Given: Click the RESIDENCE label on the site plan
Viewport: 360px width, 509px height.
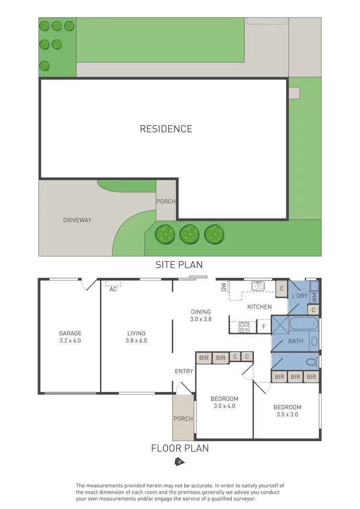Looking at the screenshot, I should (166, 129).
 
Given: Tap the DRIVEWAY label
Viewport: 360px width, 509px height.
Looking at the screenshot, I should (77, 220).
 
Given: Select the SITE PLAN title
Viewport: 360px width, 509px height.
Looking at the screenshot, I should (179, 264).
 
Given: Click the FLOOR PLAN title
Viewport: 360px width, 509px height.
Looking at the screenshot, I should (180, 449).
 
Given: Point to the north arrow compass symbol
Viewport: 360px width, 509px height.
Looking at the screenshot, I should (180, 462).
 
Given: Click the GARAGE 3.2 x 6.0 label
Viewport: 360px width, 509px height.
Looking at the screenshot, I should (70, 337).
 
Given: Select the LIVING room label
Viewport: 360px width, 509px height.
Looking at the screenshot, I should (136, 333).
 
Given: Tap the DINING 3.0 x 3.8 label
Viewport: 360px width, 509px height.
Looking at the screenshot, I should (201, 315).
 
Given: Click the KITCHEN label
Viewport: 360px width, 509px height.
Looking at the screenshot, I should (259, 307).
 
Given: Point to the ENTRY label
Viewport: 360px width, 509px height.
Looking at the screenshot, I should (184, 371).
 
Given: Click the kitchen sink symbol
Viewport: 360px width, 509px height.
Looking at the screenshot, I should (258, 286).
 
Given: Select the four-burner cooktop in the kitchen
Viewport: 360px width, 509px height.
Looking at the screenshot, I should (244, 328).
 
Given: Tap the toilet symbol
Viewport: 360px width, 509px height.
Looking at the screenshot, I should (312, 360).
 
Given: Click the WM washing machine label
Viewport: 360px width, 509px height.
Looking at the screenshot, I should (314, 297).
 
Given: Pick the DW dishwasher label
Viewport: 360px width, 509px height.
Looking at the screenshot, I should (223, 287).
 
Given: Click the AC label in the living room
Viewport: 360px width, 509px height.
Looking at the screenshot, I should (113, 289).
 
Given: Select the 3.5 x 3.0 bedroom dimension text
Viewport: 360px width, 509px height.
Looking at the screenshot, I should (287, 414).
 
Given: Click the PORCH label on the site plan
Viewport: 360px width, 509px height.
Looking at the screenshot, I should (166, 201).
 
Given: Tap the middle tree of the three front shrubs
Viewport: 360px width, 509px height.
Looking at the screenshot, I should (189, 235).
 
